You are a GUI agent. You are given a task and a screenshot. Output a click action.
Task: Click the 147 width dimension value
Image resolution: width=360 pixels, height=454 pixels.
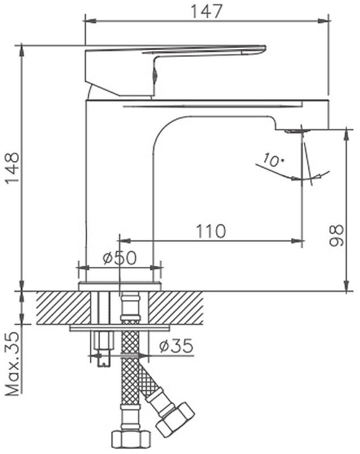point(207,11)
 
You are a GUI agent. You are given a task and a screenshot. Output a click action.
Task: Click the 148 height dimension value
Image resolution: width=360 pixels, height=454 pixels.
point(12,168)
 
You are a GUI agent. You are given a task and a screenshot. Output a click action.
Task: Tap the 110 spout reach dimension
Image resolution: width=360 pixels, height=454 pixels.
point(211,231)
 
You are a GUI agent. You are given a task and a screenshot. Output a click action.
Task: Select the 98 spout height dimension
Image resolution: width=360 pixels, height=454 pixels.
point(336,236)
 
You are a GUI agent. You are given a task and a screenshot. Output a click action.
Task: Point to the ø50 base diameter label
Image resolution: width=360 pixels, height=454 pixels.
point(120,258)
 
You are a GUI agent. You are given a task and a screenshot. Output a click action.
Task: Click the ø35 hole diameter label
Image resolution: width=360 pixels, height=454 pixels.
point(177,346)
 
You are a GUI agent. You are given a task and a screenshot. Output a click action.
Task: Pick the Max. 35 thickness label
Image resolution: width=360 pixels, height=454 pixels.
point(12,364)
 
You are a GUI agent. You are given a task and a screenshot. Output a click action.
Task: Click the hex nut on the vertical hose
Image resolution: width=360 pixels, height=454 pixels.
point(131,439)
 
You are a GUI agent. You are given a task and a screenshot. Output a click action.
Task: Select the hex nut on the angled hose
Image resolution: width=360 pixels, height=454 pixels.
point(175,418)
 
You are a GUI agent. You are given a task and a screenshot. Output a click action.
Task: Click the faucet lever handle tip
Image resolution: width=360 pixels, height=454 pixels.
point(263,49)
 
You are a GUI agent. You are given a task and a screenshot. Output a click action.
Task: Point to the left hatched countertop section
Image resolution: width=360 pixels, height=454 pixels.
point(64,308)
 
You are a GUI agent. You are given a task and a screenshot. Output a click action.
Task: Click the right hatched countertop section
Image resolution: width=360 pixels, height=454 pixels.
point(176,308)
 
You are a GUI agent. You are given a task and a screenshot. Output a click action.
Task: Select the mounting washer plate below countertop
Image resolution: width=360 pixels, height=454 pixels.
point(120,328)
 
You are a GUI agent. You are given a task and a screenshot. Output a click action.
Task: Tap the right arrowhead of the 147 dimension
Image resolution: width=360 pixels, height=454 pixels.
point(324,20)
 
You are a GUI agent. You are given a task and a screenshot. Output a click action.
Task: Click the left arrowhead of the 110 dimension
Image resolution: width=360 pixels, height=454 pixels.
point(125,241)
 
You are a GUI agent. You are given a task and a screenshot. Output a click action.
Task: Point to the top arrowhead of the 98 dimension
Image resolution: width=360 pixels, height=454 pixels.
point(346,136)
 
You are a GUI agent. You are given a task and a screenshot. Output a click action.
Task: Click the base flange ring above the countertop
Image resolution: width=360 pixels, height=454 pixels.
point(120,286)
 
